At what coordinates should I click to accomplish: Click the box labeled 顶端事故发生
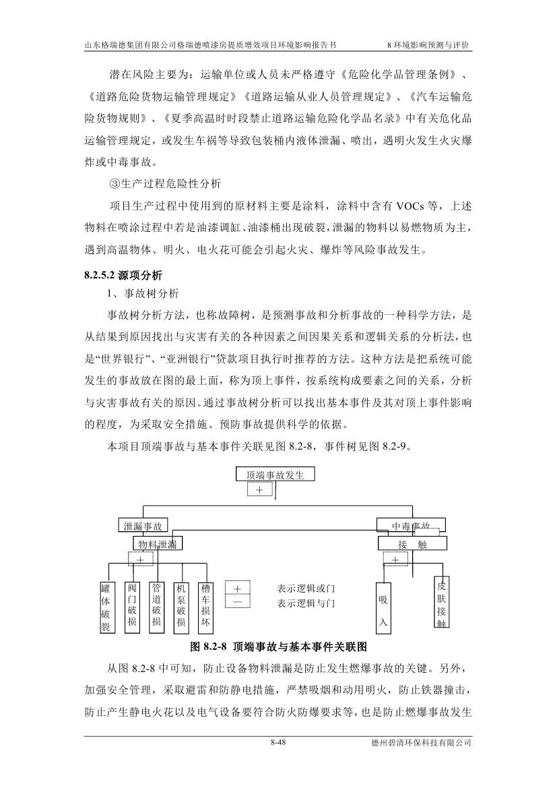point(275,475)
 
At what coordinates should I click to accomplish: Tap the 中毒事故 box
point(411,526)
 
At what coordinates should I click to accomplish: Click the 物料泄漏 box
point(158,543)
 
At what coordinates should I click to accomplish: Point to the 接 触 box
point(412,544)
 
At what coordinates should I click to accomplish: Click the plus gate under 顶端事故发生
point(259,490)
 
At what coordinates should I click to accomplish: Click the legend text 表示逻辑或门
point(306,588)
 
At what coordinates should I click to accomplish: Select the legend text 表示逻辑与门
point(306,603)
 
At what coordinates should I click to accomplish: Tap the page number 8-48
point(278,743)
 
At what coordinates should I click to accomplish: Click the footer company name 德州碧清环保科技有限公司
point(421,743)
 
